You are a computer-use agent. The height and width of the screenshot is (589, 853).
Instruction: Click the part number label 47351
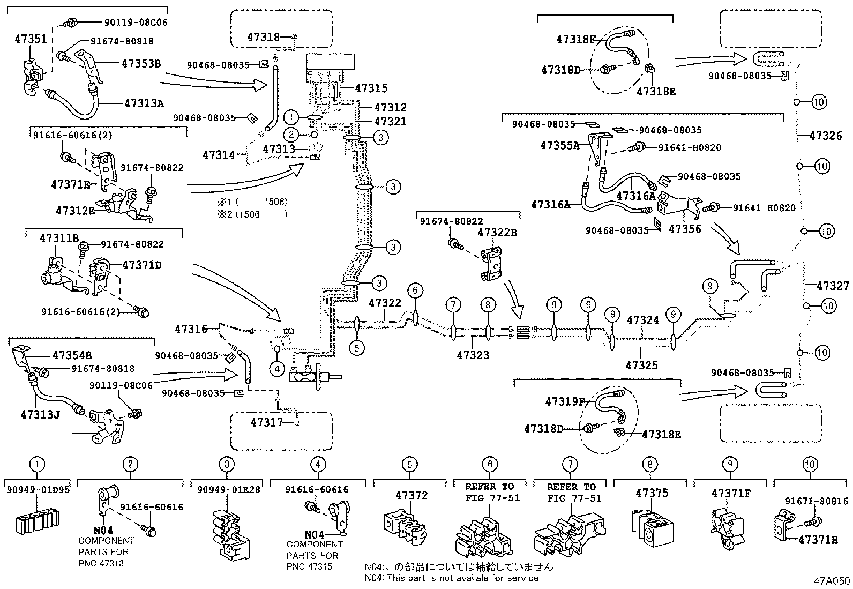(x=31, y=39)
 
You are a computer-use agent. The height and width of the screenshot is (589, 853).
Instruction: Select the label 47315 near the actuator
(x=370, y=88)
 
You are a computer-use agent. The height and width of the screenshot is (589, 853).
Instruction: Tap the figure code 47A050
(x=832, y=581)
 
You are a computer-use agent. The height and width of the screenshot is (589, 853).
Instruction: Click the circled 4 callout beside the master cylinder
(x=276, y=369)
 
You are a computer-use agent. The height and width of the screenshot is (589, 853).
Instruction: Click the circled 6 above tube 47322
(x=415, y=290)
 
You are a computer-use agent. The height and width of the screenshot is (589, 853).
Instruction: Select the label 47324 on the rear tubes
(x=642, y=320)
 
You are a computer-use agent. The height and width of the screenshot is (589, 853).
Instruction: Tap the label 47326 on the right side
(x=825, y=136)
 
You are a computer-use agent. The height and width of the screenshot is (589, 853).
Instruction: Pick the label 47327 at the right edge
(x=832, y=286)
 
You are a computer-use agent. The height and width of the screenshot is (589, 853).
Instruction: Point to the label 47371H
(x=818, y=540)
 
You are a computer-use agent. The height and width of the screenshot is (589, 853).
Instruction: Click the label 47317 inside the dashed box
(x=266, y=422)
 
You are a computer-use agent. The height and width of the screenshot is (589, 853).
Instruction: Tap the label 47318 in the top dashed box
(x=264, y=37)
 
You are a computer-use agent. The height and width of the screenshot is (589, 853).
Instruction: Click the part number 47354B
(x=72, y=355)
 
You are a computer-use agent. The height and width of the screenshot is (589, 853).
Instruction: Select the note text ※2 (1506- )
(x=252, y=214)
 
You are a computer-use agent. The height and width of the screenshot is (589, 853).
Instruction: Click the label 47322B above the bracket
(x=497, y=233)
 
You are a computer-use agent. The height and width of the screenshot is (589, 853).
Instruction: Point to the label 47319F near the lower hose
(x=565, y=401)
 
